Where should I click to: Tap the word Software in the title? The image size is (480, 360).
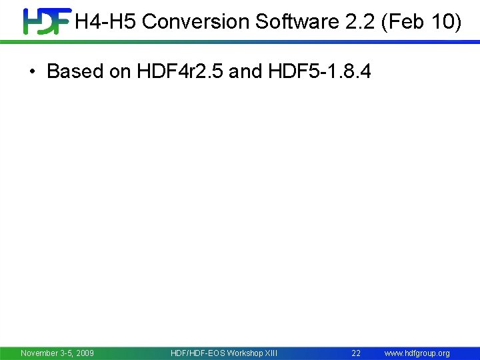click(295, 22)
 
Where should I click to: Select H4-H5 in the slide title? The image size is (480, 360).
click(106, 22)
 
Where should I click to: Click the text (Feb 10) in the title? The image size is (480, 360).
click(421, 22)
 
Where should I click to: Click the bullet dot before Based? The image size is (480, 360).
click(33, 71)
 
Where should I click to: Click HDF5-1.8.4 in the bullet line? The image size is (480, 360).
click(320, 71)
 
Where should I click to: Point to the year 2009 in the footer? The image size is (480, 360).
click(85, 353)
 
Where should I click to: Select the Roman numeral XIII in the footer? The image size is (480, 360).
click(271, 353)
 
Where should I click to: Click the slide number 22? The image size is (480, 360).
click(356, 353)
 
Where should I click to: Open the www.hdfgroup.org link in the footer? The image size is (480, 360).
click(417, 353)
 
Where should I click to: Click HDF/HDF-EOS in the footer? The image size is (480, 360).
click(197, 353)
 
